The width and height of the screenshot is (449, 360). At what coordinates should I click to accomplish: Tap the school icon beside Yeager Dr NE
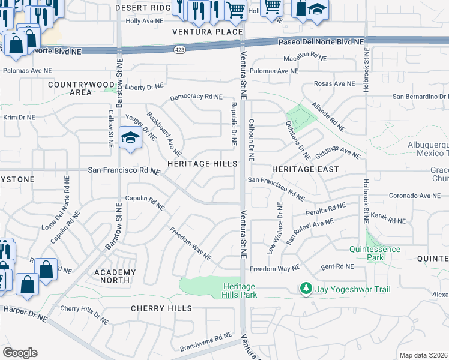point(130,138)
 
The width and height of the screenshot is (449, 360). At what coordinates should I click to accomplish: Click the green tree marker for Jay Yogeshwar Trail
point(307,289)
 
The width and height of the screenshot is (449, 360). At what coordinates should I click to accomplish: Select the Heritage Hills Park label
point(240,290)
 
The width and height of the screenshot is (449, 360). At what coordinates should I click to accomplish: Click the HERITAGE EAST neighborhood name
point(305,169)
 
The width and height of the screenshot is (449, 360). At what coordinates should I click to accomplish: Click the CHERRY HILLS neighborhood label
point(161,308)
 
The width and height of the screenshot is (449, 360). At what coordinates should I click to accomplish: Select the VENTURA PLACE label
point(207,32)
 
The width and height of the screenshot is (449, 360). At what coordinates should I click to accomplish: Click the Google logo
point(20,352)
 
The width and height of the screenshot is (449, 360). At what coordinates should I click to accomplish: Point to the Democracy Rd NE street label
point(196,97)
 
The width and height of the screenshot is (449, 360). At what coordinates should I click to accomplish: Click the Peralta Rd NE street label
point(324,208)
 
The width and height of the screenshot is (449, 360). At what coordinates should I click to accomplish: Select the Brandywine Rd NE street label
point(206,343)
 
